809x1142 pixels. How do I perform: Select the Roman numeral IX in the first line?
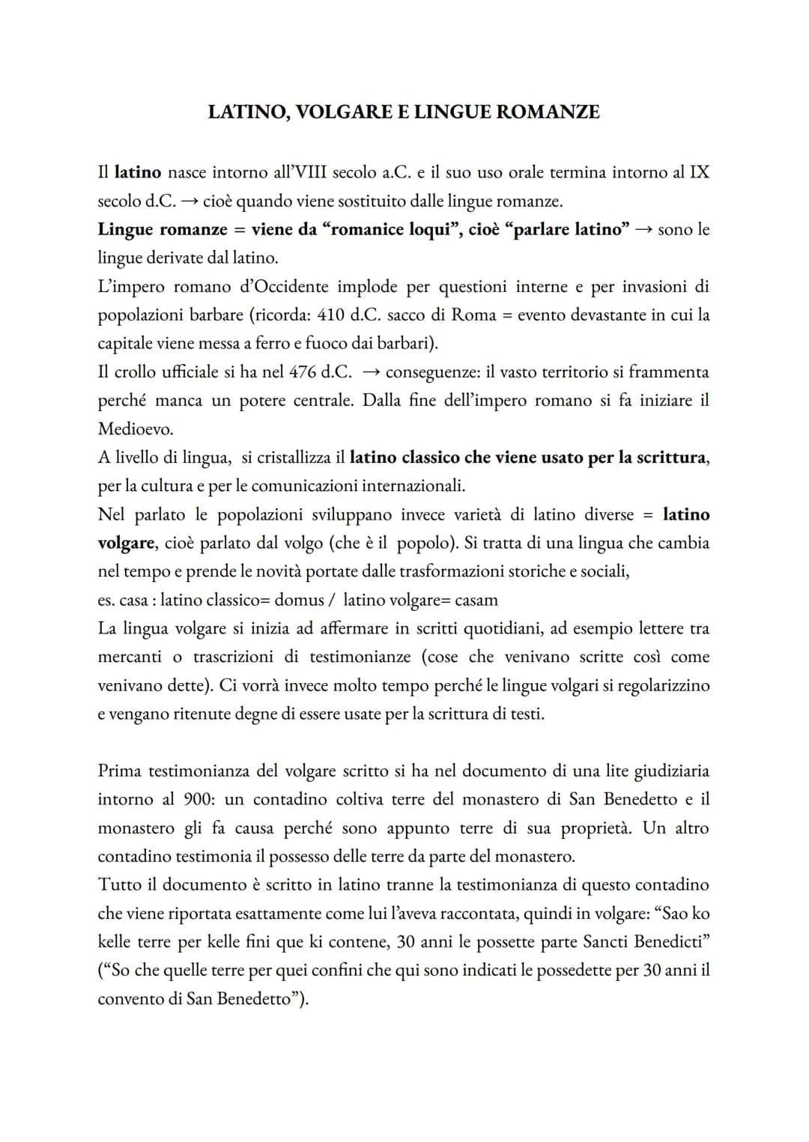pos(699,172)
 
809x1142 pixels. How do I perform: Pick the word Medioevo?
pos(136,429)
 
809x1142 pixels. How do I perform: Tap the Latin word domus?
pos(299,600)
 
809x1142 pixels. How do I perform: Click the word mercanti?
pos(130,657)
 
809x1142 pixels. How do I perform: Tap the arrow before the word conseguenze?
pos(372,372)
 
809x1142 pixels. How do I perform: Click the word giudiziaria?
pos(671,771)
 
